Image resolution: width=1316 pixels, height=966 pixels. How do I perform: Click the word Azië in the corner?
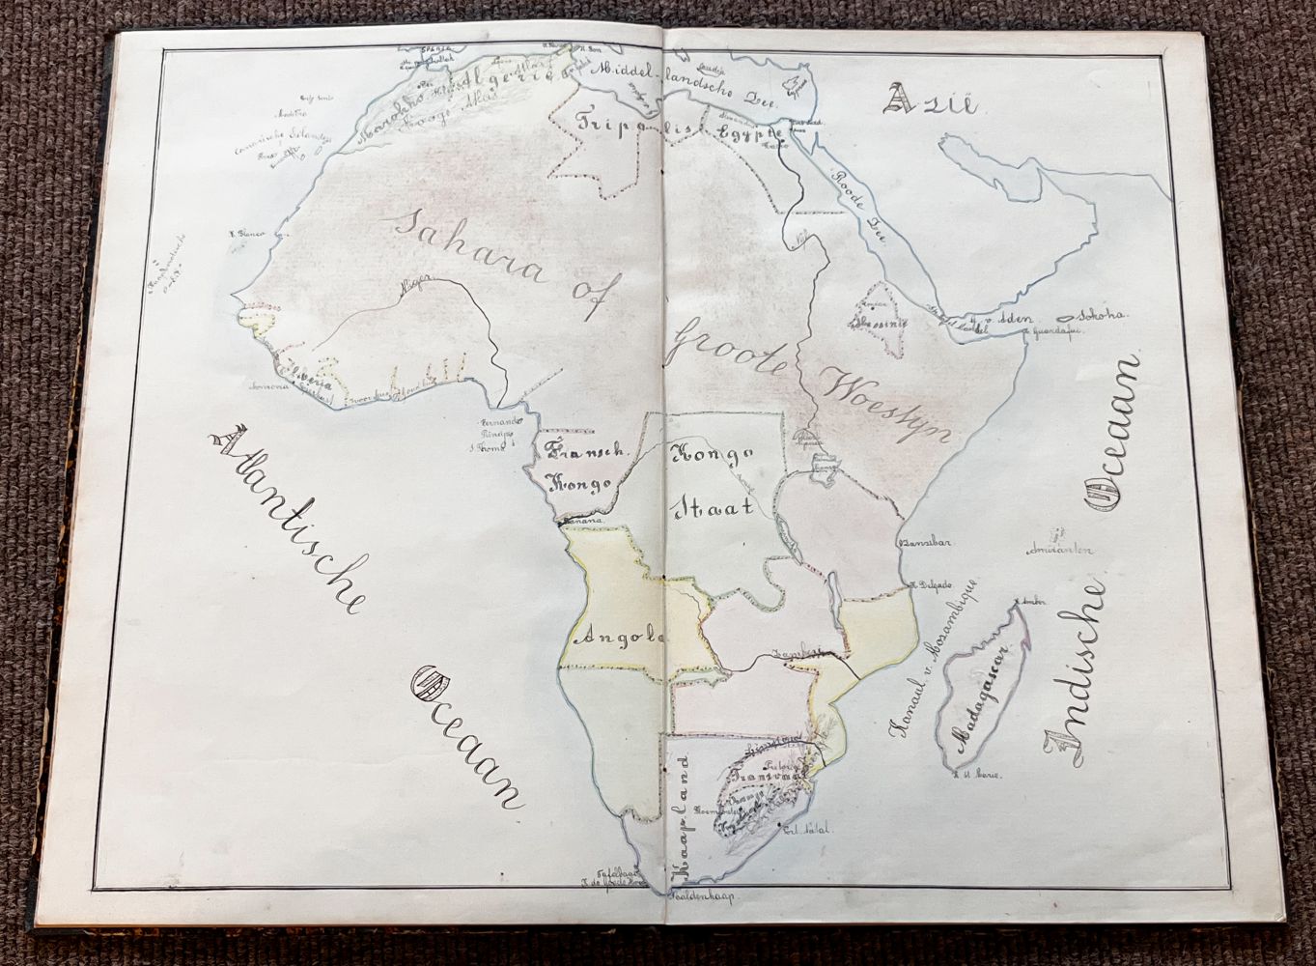[x=933, y=100]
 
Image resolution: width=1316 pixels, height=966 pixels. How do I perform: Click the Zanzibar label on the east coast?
[x=928, y=543]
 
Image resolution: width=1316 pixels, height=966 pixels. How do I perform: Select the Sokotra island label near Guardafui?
[x=1091, y=316]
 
